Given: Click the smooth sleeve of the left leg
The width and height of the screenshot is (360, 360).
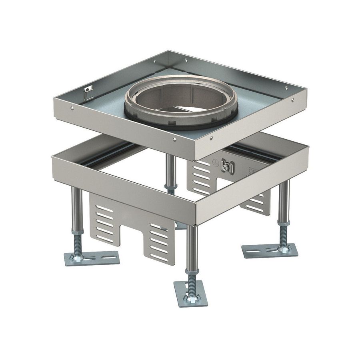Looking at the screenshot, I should pos(77,208).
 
